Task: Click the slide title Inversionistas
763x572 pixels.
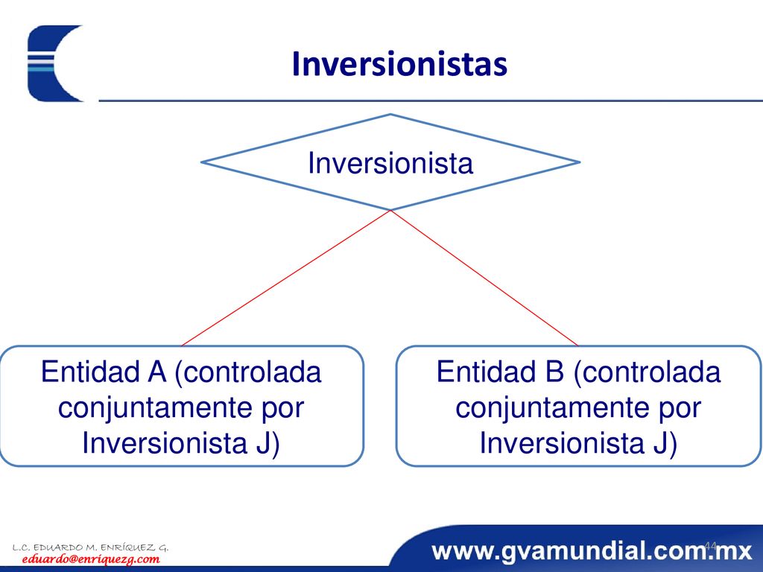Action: click(399, 64)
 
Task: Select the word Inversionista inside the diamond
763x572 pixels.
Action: click(390, 163)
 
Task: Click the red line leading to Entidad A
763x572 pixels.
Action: click(285, 278)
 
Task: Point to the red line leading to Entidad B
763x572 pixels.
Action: click(484, 278)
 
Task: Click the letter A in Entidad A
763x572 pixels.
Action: click(156, 372)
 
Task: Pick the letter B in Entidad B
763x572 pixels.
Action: click(554, 372)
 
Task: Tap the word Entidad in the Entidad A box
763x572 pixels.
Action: click(90, 372)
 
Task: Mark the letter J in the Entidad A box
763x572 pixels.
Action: click(263, 442)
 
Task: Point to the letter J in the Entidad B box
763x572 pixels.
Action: click(660, 442)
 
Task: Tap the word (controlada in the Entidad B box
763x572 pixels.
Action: click(648, 372)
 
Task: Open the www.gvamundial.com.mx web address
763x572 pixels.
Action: click(591, 551)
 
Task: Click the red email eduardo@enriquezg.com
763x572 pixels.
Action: click(91, 559)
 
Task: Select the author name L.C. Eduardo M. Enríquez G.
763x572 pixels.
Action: click(90, 547)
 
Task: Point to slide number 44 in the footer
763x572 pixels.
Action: click(710, 546)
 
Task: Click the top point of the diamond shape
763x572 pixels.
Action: click(390, 114)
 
